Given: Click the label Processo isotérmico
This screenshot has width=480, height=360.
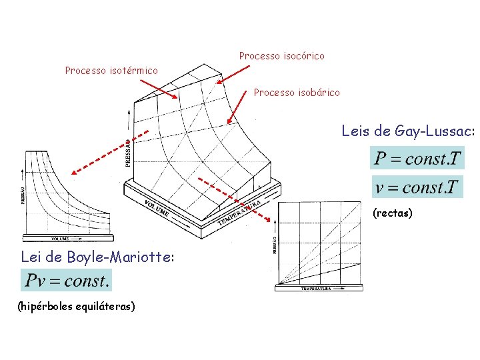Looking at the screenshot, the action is (x=111, y=70).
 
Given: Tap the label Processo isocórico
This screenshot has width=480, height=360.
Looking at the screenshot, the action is (x=281, y=56).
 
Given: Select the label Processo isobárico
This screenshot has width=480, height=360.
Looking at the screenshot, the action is (x=297, y=93).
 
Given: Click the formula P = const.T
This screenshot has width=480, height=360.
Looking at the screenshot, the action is (x=417, y=159).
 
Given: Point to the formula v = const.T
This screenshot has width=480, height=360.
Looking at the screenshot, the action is (x=417, y=187).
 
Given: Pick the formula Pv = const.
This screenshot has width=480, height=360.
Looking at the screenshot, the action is (x=67, y=281).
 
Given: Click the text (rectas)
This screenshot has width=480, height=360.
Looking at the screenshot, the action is (x=393, y=213).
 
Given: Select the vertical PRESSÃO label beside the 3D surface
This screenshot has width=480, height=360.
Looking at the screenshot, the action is (x=128, y=152).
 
